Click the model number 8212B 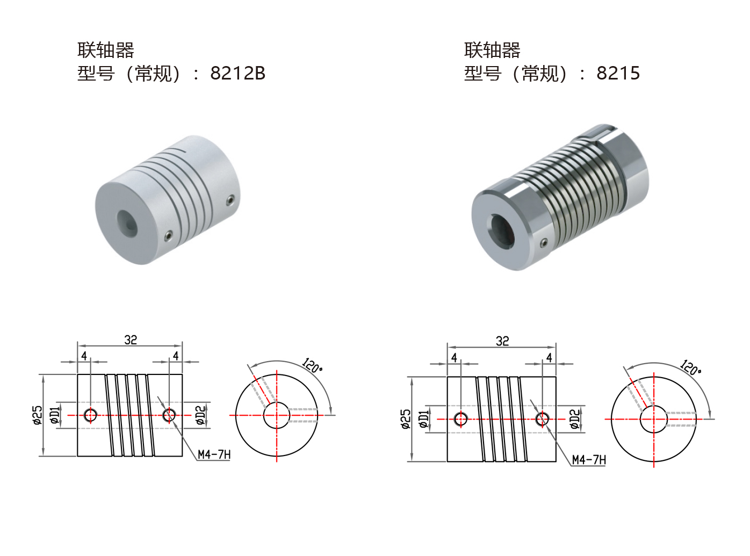pos(237,73)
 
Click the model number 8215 pos(618,73)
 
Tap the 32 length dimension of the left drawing pos(131,340)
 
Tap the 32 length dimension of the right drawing pos(502,341)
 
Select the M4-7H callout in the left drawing pos(214,454)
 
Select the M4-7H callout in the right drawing pos(589,460)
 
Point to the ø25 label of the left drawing pos(38,415)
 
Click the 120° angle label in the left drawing pos(312,366)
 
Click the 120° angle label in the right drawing pos(690,367)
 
